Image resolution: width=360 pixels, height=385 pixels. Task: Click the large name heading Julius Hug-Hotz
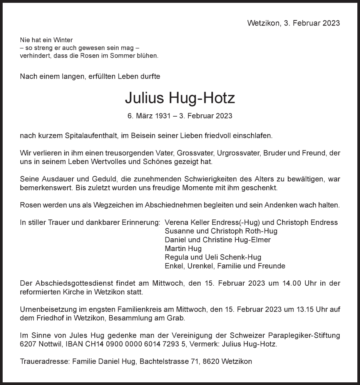[x=180, y=99]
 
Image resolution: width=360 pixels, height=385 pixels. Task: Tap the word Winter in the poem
[x=64, y=40]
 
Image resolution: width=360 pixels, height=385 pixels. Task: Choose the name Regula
[x=176, y=257]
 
